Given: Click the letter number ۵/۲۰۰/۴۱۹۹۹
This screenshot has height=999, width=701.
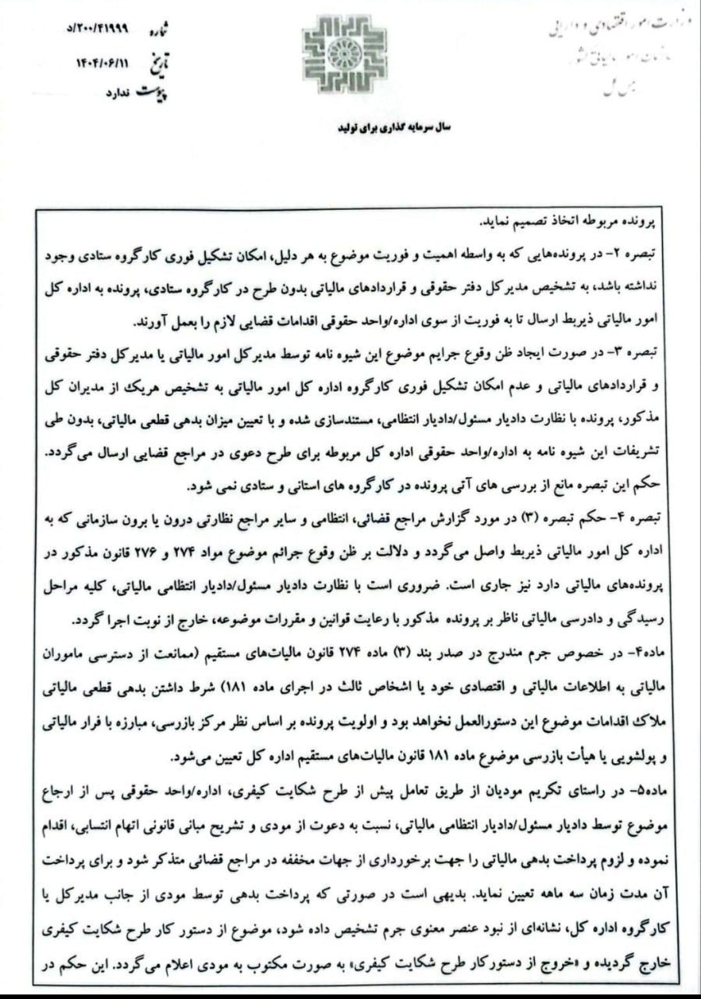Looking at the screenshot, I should click(x=99, y=29).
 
